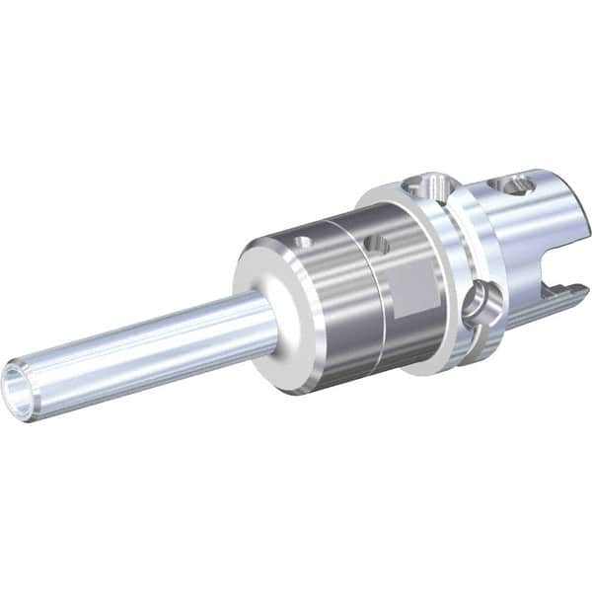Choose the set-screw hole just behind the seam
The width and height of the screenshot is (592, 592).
click(x=375, y=243)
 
